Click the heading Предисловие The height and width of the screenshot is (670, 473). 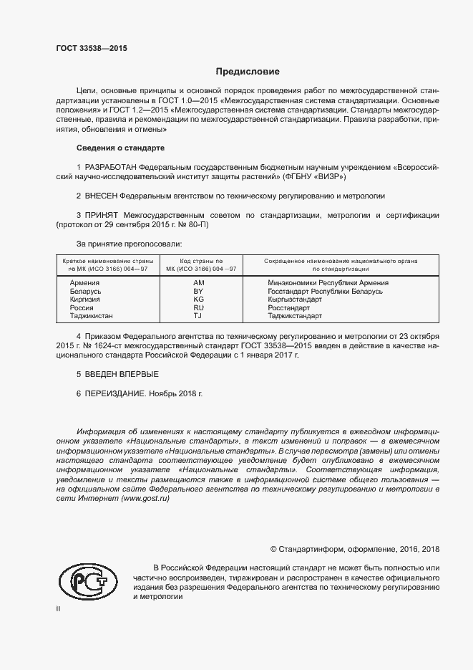(248, 72)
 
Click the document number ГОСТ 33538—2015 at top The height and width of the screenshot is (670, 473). (91, 48)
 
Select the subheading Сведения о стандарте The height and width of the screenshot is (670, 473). (120, 148)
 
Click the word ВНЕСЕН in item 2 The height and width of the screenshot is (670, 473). (101, 195)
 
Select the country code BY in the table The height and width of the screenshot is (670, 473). (199, 292)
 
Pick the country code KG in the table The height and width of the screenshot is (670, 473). (199, 300)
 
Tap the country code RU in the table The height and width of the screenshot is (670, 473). (199, 307)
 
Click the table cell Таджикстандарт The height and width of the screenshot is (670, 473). (295, 315)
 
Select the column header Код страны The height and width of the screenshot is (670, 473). (201, 261)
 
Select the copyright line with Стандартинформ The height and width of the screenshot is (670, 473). (354, 549)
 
